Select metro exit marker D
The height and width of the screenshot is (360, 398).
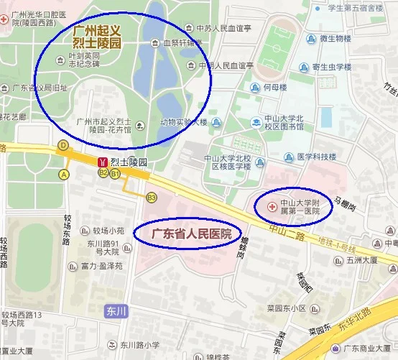pos(63,145)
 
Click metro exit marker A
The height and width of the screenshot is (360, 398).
pos(65,174)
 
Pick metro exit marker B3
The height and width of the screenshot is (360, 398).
pos(151,198)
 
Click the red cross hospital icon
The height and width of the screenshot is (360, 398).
pos(271,207)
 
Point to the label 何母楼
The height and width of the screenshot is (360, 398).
pos(274,88)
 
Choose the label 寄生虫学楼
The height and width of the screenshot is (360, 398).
pos(331,67)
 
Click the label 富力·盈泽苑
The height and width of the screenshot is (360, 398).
pos(101,266)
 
